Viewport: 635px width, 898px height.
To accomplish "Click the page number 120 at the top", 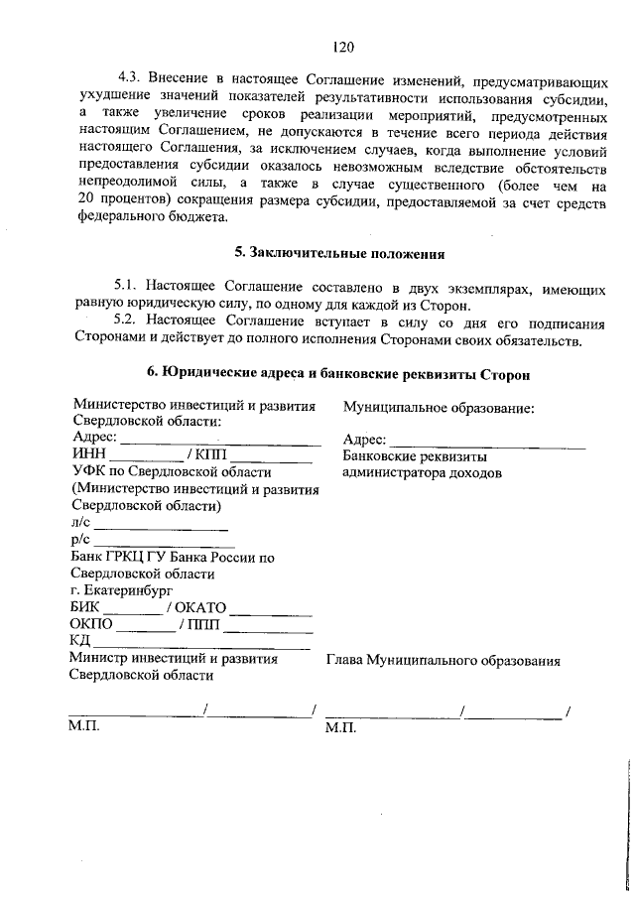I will click(x=343, y=47).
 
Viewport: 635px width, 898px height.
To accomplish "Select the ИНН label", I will click(x=88, y=455).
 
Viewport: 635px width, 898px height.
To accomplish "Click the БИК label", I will click(x=86, y=607).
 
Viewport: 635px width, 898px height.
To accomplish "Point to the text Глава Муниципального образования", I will click(x=443, y=660).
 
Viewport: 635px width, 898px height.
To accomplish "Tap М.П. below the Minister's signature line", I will click(x=85, y=726).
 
